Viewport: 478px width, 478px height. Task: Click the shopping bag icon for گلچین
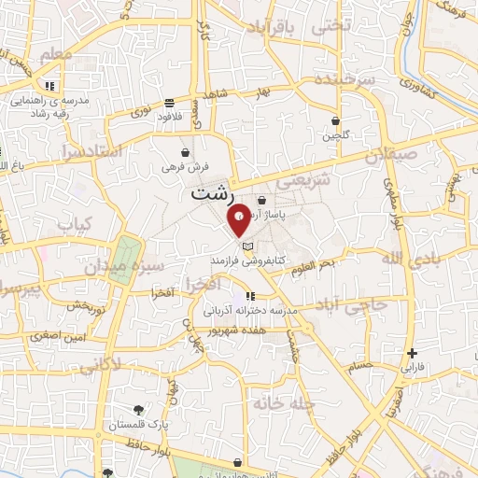point(336,120)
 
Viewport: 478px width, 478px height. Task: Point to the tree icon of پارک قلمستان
point(139,410)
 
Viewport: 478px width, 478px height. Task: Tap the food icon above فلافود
point(168,103)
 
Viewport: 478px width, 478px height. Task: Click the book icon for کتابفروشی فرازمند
point(247,246)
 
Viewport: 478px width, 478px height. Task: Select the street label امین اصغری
point(59,334)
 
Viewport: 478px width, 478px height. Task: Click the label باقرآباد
point(273,30)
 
